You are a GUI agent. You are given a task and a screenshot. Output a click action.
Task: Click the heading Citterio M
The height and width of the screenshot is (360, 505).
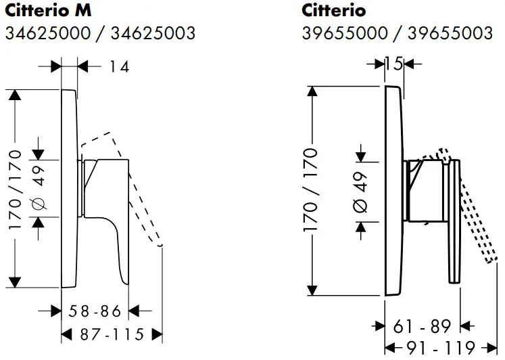48,11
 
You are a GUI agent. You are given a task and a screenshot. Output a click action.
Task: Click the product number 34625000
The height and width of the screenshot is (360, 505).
48,34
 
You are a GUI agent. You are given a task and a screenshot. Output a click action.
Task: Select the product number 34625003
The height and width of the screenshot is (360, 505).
153,34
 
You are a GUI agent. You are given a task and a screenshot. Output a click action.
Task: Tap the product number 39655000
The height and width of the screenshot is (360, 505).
345,34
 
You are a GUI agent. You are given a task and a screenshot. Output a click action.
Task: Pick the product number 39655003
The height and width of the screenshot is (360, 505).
450,34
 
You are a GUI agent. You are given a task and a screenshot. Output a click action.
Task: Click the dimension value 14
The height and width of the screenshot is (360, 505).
119,67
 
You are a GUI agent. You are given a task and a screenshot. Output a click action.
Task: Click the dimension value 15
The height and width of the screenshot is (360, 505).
394,64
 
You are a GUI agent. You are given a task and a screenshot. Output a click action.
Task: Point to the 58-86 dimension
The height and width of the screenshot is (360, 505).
95,311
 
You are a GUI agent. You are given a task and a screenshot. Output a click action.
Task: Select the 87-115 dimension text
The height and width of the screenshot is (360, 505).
112,334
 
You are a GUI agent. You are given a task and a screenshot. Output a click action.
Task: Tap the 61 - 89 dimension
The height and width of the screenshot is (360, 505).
422,326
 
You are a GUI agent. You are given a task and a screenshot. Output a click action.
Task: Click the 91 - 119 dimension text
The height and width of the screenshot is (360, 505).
441,348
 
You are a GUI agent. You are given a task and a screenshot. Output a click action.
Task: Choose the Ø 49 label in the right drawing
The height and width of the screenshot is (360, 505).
360,192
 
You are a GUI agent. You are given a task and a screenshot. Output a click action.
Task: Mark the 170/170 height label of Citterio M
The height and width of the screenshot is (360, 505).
15,190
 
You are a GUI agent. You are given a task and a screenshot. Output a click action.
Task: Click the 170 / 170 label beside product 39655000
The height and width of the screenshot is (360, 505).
310,190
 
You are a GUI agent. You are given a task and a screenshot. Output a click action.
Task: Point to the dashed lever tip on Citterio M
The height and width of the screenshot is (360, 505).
160,246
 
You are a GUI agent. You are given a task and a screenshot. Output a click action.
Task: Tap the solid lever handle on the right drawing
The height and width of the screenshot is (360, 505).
455,221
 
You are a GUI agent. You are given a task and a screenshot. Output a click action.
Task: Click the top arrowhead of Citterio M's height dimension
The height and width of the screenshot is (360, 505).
14,95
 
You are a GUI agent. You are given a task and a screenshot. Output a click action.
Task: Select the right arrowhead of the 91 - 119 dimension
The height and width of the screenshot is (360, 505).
493,348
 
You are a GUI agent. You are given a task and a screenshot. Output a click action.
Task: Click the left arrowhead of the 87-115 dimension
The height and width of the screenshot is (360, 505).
66,334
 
